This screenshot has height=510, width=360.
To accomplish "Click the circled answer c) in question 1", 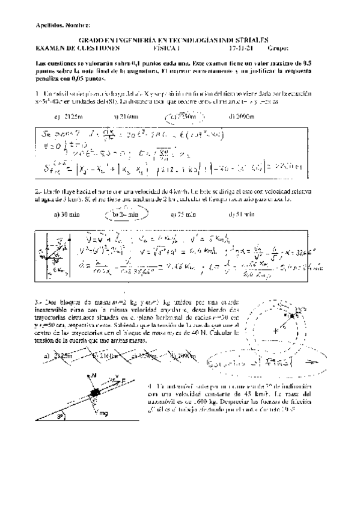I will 183,116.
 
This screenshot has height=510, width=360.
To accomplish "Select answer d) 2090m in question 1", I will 243,117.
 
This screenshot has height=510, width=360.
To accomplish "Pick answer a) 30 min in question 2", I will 65,214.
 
